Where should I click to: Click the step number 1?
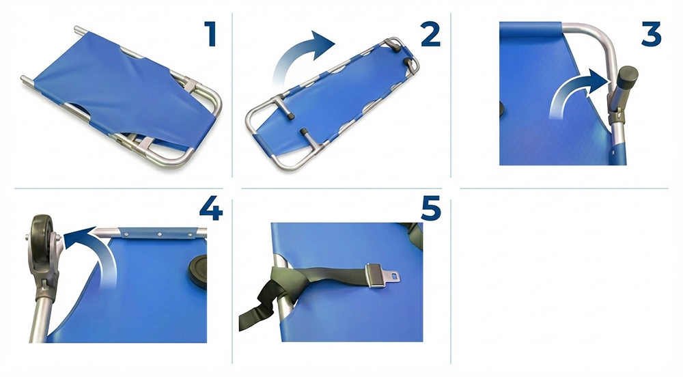pos(210,34)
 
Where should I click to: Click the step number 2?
pos(430,34)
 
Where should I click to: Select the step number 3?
pos(651,34)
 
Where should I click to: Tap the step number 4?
pos(211,208)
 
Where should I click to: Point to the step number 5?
pos(431,208)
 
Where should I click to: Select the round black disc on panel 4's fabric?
pos(198,272)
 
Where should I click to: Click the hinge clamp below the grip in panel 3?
pos(615,116)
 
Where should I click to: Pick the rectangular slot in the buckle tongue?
pos(394,275)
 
